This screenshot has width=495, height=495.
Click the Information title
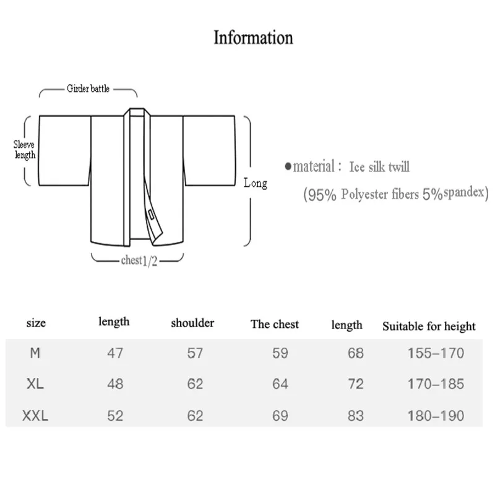(x=253, y=38)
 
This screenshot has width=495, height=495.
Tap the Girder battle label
(x=88, y=88)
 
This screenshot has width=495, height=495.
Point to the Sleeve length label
(x=24, y=150)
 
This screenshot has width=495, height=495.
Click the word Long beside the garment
(x=256, y=183)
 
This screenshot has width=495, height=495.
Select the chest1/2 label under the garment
(x=139, y=260)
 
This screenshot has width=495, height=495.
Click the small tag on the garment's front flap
(x=151, y=214)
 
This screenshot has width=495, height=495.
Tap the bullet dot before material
(x=288, y=166)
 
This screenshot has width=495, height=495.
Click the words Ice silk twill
(x=379, y=166)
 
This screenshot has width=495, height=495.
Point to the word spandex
(x=463, y=192)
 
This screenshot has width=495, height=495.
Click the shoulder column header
(x=192, y=323)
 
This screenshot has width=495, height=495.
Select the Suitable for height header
(x=429, y=326)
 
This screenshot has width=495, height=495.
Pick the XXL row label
(x=35, y=416)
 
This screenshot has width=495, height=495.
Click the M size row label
(x=35, y=353)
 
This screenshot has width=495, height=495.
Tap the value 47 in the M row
(x=115, y=353)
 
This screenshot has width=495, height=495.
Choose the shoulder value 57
(x=195, y=353)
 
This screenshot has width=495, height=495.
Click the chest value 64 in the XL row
(x=280, y=384)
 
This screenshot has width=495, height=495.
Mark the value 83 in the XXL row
(x=355, y=416)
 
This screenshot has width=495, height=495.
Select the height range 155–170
(x=436, y=353)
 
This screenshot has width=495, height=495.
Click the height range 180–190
(x=436, y=416)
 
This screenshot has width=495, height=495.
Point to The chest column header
(x=275, y=324)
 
